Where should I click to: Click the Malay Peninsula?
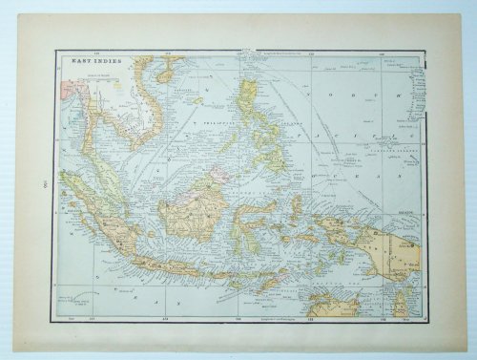click(107, 166)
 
